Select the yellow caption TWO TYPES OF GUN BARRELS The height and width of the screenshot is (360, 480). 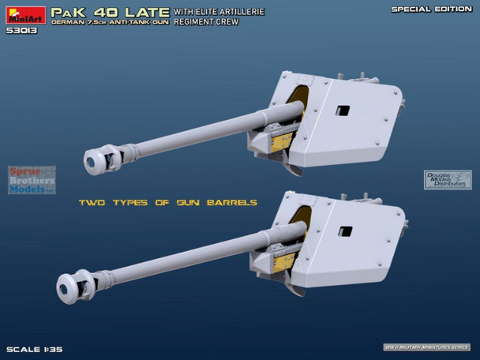pos(167,203)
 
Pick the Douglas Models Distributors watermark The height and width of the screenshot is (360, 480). pos(448,181)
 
